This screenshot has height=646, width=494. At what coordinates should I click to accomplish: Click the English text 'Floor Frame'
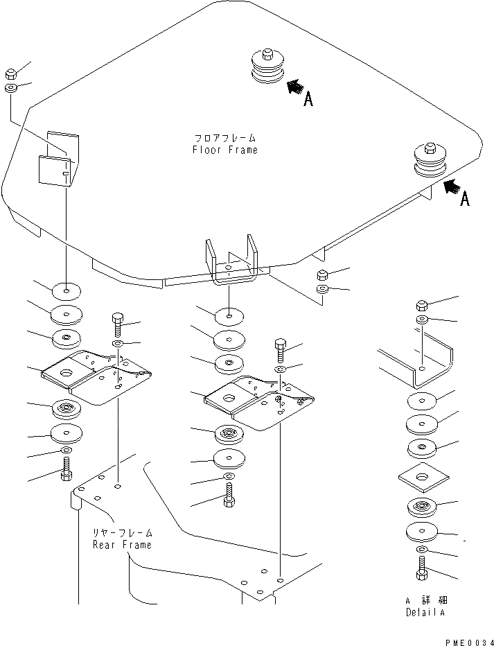pos(224,150)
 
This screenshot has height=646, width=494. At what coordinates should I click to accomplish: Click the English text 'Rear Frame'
pos(122,545)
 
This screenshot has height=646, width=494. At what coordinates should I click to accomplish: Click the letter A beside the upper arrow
pos(308,100)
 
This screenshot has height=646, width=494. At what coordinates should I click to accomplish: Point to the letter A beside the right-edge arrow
pos(465,199)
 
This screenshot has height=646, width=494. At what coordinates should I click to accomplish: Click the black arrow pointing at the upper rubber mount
pos(294,87)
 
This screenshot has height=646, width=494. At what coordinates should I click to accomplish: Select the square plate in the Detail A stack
pos(421,478)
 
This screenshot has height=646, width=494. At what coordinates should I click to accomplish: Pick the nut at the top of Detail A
pos(422,304)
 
